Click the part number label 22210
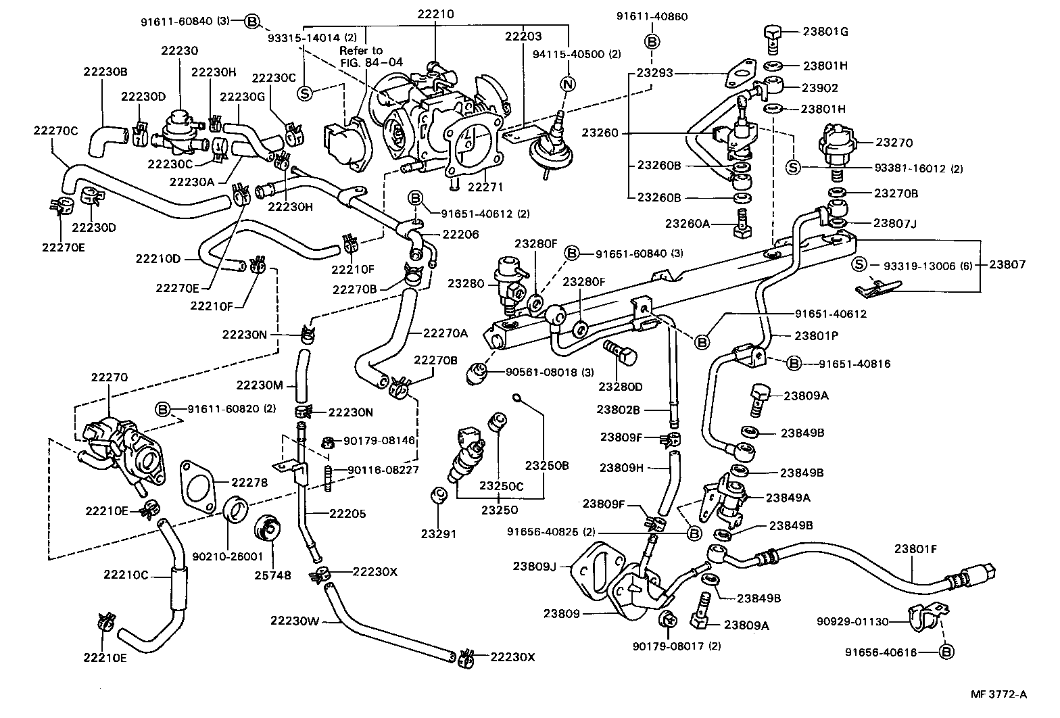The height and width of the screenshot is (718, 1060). click(435, 14)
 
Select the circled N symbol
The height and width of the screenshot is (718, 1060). click(568, 85)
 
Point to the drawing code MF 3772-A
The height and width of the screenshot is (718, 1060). click(998, 694)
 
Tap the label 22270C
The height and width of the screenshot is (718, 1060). click(56, 130)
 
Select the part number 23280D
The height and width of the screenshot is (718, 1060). click(620, 386)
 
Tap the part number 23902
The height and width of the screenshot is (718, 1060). click(819, 87)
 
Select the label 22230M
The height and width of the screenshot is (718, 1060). click(259, 385)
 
